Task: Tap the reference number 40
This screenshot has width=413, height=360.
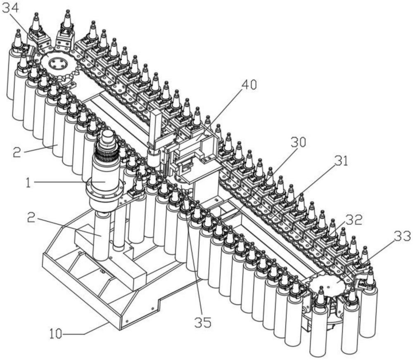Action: (x=247, y=85)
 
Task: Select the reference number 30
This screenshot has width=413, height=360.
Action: (x=298, y=142)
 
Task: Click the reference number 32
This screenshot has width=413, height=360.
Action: (x=354, y=220)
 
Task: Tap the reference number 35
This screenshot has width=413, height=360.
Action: (x=203, y=322)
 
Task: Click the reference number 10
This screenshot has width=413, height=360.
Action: (x=56, y=334)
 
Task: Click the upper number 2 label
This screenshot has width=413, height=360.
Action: (x=17, y=152)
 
